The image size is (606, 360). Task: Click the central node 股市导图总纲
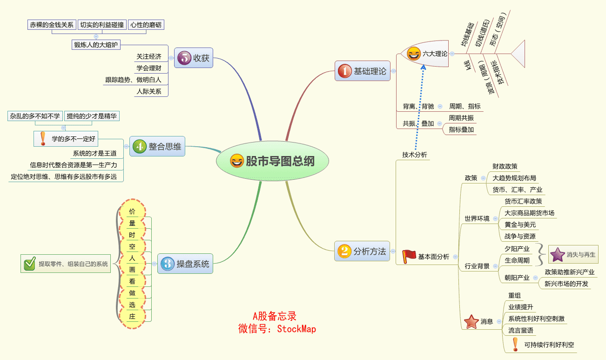click(273, 161)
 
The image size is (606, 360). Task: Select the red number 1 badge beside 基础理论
click(344, 71)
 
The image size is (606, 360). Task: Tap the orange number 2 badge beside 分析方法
click(344, 251)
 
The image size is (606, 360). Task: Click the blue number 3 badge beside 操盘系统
click(167, 264)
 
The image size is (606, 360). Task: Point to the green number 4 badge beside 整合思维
click(139, 147)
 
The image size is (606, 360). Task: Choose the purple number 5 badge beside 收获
click(184, 58)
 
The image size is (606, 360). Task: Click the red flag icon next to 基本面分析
click(409, 256)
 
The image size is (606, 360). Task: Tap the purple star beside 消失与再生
click(557, 255)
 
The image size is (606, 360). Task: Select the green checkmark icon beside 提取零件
click(29, 264)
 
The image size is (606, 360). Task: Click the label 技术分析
click(414, 155)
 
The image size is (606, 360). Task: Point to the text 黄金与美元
click(520, 224)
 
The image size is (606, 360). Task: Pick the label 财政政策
click(505, 166)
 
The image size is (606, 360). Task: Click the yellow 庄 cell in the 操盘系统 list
click(132, 317)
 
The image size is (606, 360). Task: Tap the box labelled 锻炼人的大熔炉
click(96, 45)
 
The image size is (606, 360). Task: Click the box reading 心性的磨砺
click(146, 25)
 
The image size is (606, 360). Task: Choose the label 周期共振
click(461, 118)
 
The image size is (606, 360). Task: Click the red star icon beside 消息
click(471, 321)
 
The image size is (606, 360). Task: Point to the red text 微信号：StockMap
click(277, 329)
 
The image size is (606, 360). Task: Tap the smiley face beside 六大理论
click(413, 54)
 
